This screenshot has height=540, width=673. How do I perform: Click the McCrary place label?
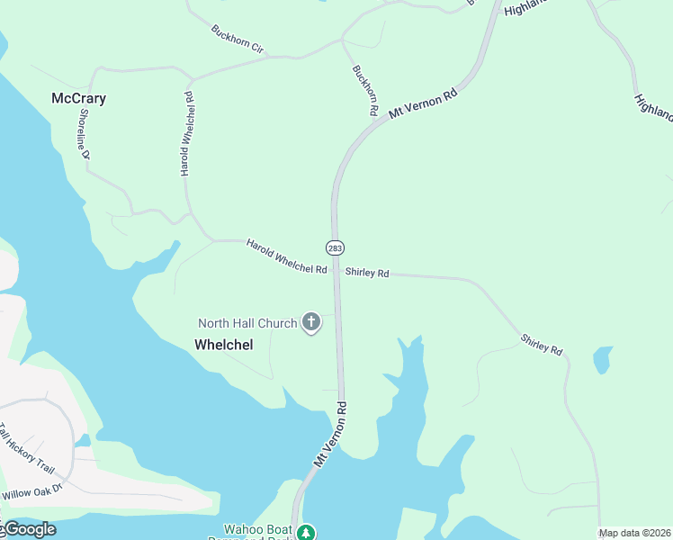click(79, 98)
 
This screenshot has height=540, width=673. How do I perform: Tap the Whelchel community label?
click(223, 344)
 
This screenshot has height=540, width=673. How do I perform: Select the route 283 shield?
click(335, 247)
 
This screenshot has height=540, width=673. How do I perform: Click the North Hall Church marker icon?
click(311, 322)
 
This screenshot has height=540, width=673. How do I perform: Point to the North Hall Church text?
click(247, 323)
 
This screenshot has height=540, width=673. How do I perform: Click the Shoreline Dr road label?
click(85, 134)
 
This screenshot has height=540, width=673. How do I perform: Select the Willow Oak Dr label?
click(31, 493)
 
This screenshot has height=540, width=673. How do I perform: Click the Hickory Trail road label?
click(28, 449)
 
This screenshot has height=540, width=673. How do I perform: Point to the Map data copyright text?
click(635, 533)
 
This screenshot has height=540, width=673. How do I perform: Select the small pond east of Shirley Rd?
click(602, 360)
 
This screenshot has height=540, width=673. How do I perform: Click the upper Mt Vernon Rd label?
click(423, 103)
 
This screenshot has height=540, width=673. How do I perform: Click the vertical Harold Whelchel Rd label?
click(187, 133)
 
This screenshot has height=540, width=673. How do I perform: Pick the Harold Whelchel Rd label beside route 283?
click(286, 257)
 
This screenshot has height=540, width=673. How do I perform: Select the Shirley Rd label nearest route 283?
click(367, 272)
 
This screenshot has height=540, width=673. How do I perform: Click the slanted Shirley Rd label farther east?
click(542, 344)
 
